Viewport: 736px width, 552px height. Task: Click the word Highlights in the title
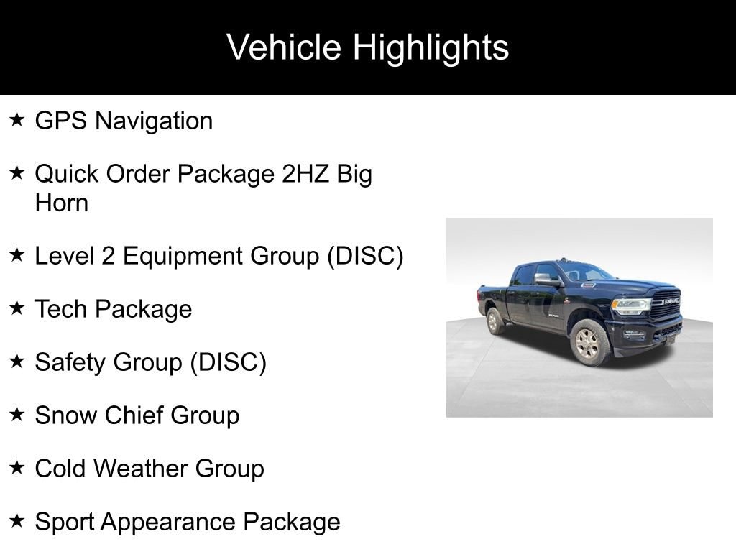431,48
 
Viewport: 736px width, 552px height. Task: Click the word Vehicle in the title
283,47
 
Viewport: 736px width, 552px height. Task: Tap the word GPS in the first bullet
61,121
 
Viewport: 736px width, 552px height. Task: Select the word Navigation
154,121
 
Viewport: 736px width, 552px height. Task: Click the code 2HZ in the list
305,174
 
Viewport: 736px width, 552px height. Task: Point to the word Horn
62,203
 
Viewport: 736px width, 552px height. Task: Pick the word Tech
61,309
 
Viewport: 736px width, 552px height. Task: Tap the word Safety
70,363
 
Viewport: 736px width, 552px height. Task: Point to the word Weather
143,469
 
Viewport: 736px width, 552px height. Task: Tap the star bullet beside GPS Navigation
17,119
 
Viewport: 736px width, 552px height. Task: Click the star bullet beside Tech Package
17,308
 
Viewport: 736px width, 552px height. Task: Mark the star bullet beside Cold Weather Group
17,467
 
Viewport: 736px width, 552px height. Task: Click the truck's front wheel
589,343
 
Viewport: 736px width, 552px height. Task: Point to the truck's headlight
630,305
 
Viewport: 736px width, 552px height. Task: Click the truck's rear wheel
494,321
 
